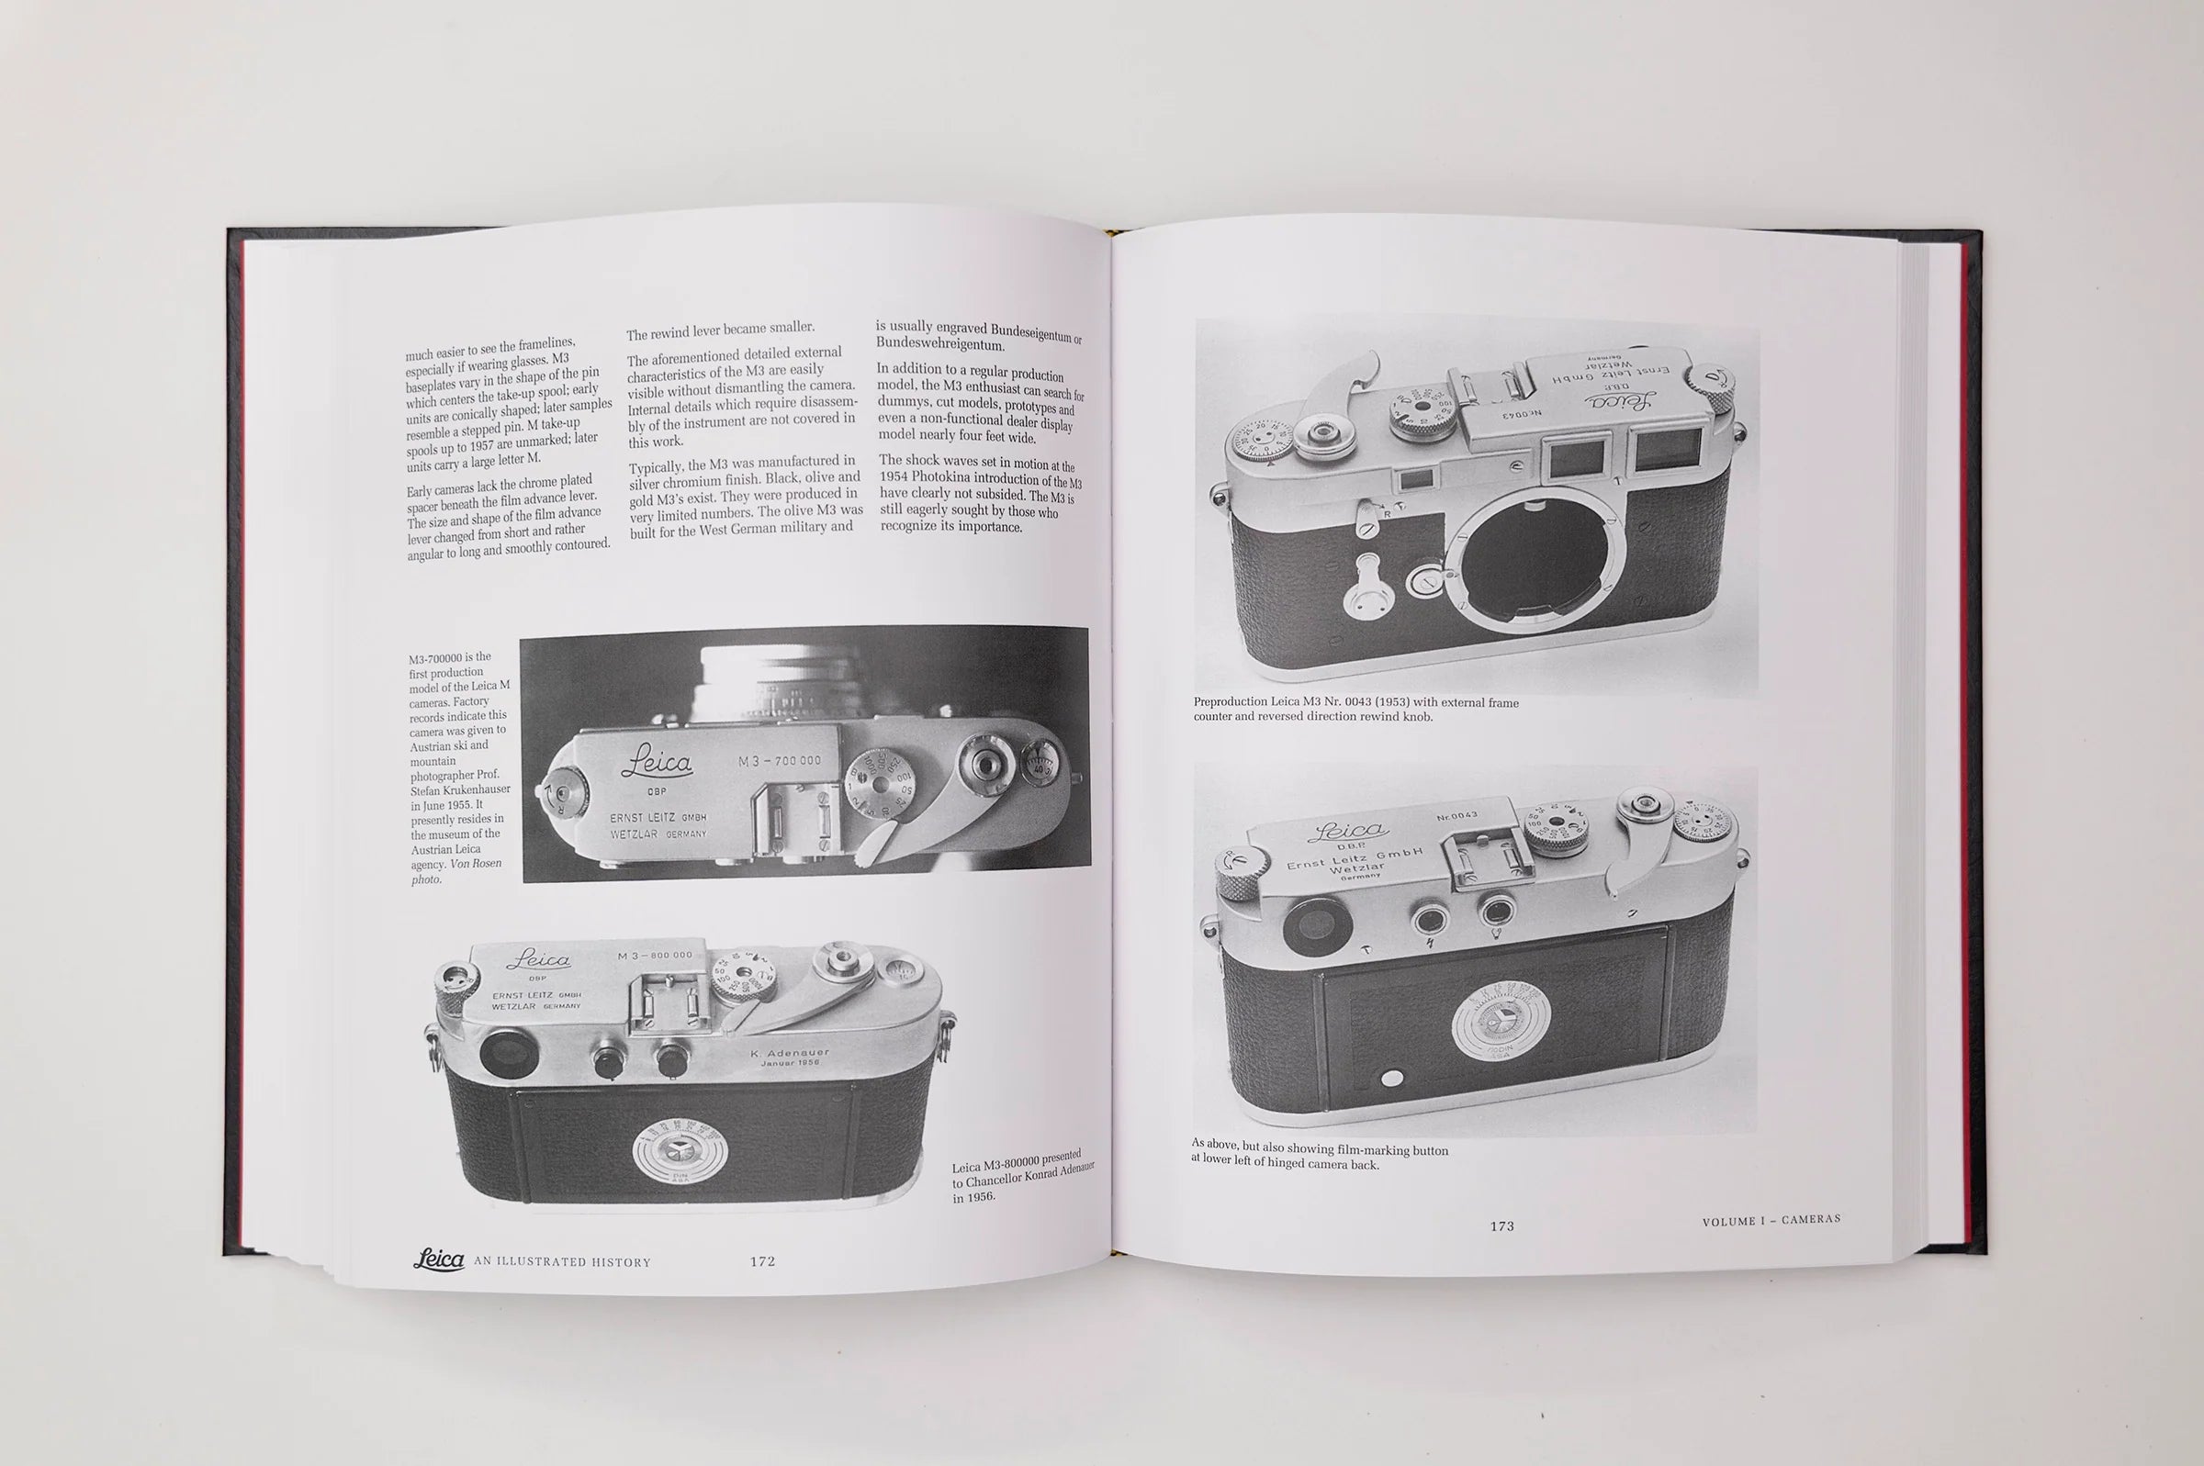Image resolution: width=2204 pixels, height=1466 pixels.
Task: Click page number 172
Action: (x=762, y=1261)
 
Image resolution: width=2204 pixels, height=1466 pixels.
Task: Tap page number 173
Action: (x=1501, y=1225)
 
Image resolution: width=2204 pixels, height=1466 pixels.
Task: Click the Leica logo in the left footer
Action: (x=440, y=1260)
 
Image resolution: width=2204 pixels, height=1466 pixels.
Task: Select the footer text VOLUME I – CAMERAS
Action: (x=1771, y=1220)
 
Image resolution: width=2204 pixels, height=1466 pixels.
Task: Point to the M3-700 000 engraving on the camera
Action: (x=779, y=761)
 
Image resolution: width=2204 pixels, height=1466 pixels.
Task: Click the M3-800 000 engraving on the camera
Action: (x=655, y=956)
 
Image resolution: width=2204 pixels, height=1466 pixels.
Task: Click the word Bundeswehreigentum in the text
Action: (x=939, y=343)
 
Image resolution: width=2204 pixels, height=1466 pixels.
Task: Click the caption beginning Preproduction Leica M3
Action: (x=1355, y=710)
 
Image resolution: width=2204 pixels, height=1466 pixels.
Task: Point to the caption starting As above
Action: (x=1320, y=1157)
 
